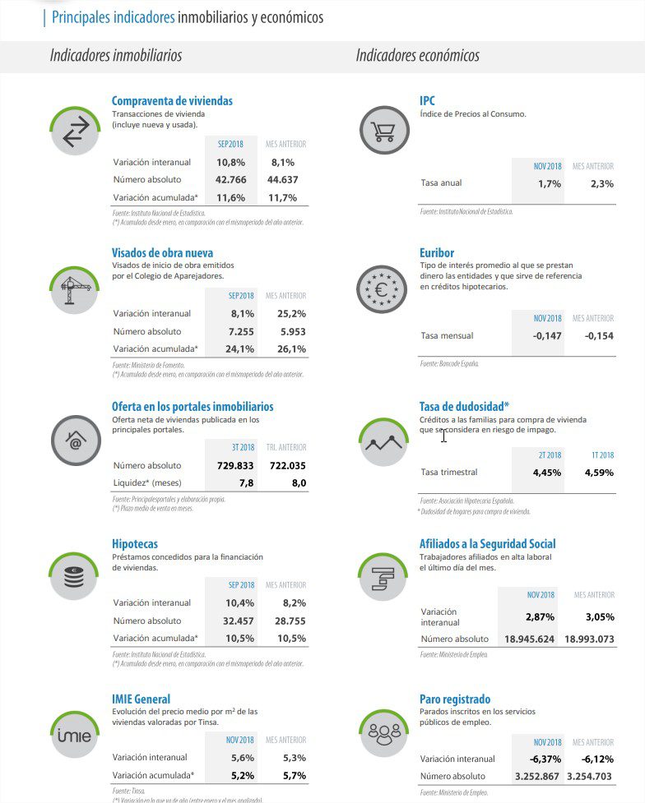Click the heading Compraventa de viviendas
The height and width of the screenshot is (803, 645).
click(172, 101)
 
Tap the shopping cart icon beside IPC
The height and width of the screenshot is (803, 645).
click(383, 131)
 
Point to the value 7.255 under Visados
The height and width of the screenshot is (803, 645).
click(238, 331)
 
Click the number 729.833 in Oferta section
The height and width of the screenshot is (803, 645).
click(230, 465)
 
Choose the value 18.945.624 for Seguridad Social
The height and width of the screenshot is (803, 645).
click(524, 639)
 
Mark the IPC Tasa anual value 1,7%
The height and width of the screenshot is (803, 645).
click(550, 184)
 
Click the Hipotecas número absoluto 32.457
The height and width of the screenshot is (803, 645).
click(238, 621)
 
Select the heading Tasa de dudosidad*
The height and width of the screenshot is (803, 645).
click(464, 407)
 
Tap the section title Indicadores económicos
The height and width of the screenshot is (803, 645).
click(417, 56)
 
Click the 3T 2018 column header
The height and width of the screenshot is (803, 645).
click(243, 448)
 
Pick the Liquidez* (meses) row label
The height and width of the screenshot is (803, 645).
click(146, 483)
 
